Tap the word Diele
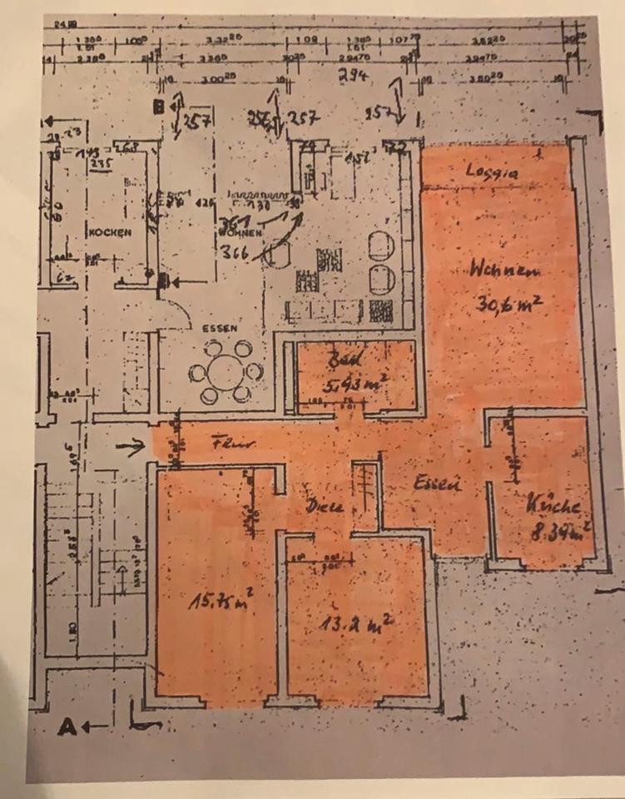(x=320, y=504)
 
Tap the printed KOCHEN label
(x=109, y=234)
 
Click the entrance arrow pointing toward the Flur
(x=130, y=448)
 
